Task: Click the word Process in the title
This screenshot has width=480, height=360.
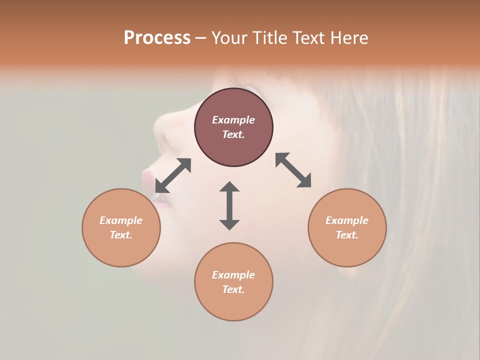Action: (157, 38)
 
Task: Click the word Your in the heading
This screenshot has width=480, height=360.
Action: (230, 38)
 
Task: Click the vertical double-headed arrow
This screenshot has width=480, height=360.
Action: (229, 205)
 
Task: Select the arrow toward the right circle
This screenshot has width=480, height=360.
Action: (293, 170)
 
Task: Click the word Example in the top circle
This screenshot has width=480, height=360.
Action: (233, 120)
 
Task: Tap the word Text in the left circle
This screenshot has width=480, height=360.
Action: (121, 235)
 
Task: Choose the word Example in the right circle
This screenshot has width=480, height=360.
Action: (347, 220)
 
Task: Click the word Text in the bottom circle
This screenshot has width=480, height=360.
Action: (233, 289)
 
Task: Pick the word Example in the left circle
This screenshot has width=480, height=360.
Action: (121, 220)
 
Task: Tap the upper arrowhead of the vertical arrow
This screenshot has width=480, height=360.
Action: (229, 186)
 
